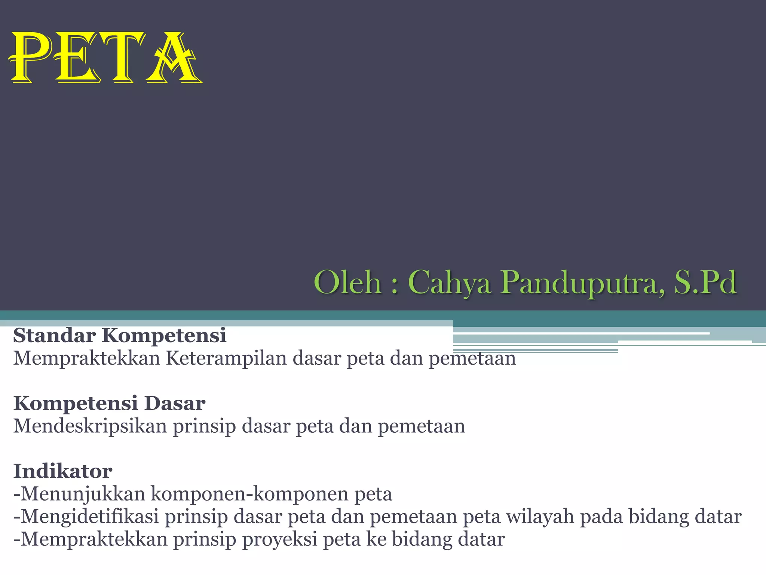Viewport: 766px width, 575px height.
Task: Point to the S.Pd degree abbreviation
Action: [x=705, y=282]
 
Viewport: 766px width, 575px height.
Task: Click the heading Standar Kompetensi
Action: [x=120, y=335]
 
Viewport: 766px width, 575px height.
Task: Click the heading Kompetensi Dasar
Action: [x=109, y=403]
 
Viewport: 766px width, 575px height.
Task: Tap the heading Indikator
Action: [x=63, y=471]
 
